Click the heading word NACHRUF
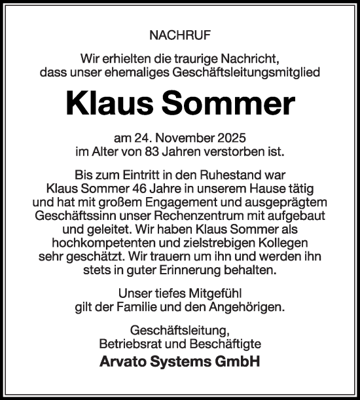180,33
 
